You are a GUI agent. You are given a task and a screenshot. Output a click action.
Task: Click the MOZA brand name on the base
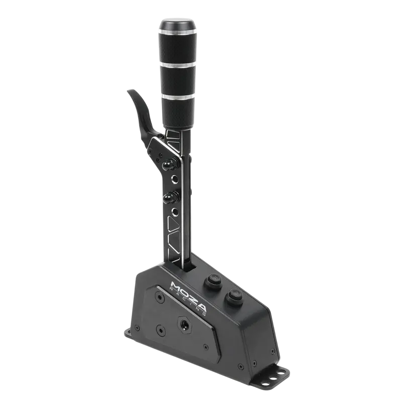(x=188, y=294)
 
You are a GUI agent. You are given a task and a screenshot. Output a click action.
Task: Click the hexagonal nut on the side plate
(x=182, y=323)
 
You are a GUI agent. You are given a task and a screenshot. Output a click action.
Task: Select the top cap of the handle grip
(x=177, y=24)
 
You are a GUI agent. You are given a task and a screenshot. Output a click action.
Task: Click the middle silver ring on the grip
(x=178, y=64)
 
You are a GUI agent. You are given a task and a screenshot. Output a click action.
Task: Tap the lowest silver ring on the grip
(x=178, y=95)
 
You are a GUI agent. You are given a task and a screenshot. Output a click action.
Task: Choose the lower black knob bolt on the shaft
(x=167, y=196)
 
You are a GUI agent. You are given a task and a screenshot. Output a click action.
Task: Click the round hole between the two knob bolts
(x=174, y=179)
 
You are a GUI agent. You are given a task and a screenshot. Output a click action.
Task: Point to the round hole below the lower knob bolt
(x=174, y=212)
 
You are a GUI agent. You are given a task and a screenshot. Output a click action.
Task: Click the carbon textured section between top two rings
(x=178, y=48)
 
